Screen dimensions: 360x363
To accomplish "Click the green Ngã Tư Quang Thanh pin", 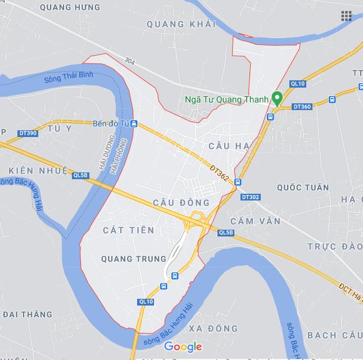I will click(276, 98).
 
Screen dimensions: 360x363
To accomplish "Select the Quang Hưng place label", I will click(71, 7).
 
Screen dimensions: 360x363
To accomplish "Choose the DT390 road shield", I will click(28, 133).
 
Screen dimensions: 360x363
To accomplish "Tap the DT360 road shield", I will click(302, 107).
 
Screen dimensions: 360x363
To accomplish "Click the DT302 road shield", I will click(250, 197).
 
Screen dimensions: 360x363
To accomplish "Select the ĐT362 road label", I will click(219, 172).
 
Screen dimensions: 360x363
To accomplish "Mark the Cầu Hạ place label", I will click(228, 146).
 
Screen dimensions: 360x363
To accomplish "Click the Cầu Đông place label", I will click(181, 202).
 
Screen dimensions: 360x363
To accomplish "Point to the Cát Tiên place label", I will click(129, 230).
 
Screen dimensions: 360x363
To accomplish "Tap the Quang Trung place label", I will click(133, 258).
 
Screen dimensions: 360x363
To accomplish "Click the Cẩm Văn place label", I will click(255, 221).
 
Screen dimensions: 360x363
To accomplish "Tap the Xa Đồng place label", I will click(214, 329).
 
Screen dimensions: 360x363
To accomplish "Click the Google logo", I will click(183, 347).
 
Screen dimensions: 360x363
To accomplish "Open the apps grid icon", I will click(346, 16).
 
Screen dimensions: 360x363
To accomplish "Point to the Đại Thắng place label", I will click(27, 315).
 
